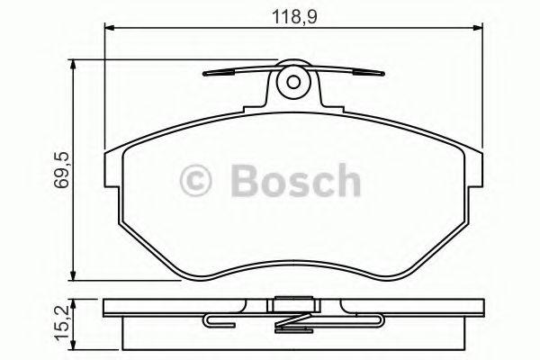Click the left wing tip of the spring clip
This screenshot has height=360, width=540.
(x=206, y=75)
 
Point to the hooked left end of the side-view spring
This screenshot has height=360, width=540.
(x=208, y=320)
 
